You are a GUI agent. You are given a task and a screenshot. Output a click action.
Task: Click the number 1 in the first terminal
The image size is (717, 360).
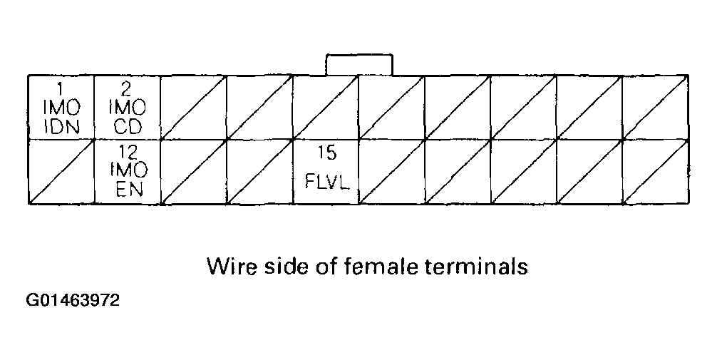[x=60, y=89]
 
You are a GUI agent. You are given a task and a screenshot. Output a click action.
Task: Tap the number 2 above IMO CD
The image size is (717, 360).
[x=126, y=89]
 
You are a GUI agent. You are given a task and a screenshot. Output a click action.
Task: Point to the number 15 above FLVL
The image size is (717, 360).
[x=326, y=153]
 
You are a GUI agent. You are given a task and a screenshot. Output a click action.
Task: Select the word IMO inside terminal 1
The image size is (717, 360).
[x=61, y=109]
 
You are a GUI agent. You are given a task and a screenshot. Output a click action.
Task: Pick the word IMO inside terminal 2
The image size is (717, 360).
[x=128, y=109]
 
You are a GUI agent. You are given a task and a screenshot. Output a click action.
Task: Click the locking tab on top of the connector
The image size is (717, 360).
[x=358, y=64]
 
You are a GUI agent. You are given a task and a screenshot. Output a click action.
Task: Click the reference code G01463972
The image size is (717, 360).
[x=73, y=302]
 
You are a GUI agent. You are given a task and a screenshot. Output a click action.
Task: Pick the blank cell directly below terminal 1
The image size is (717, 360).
[x=61, y=172]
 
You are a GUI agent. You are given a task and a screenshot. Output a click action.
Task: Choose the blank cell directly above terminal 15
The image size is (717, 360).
[x=326, y=107]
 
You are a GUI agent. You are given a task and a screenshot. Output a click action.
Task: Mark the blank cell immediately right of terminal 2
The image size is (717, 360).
[x=193, y=107]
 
